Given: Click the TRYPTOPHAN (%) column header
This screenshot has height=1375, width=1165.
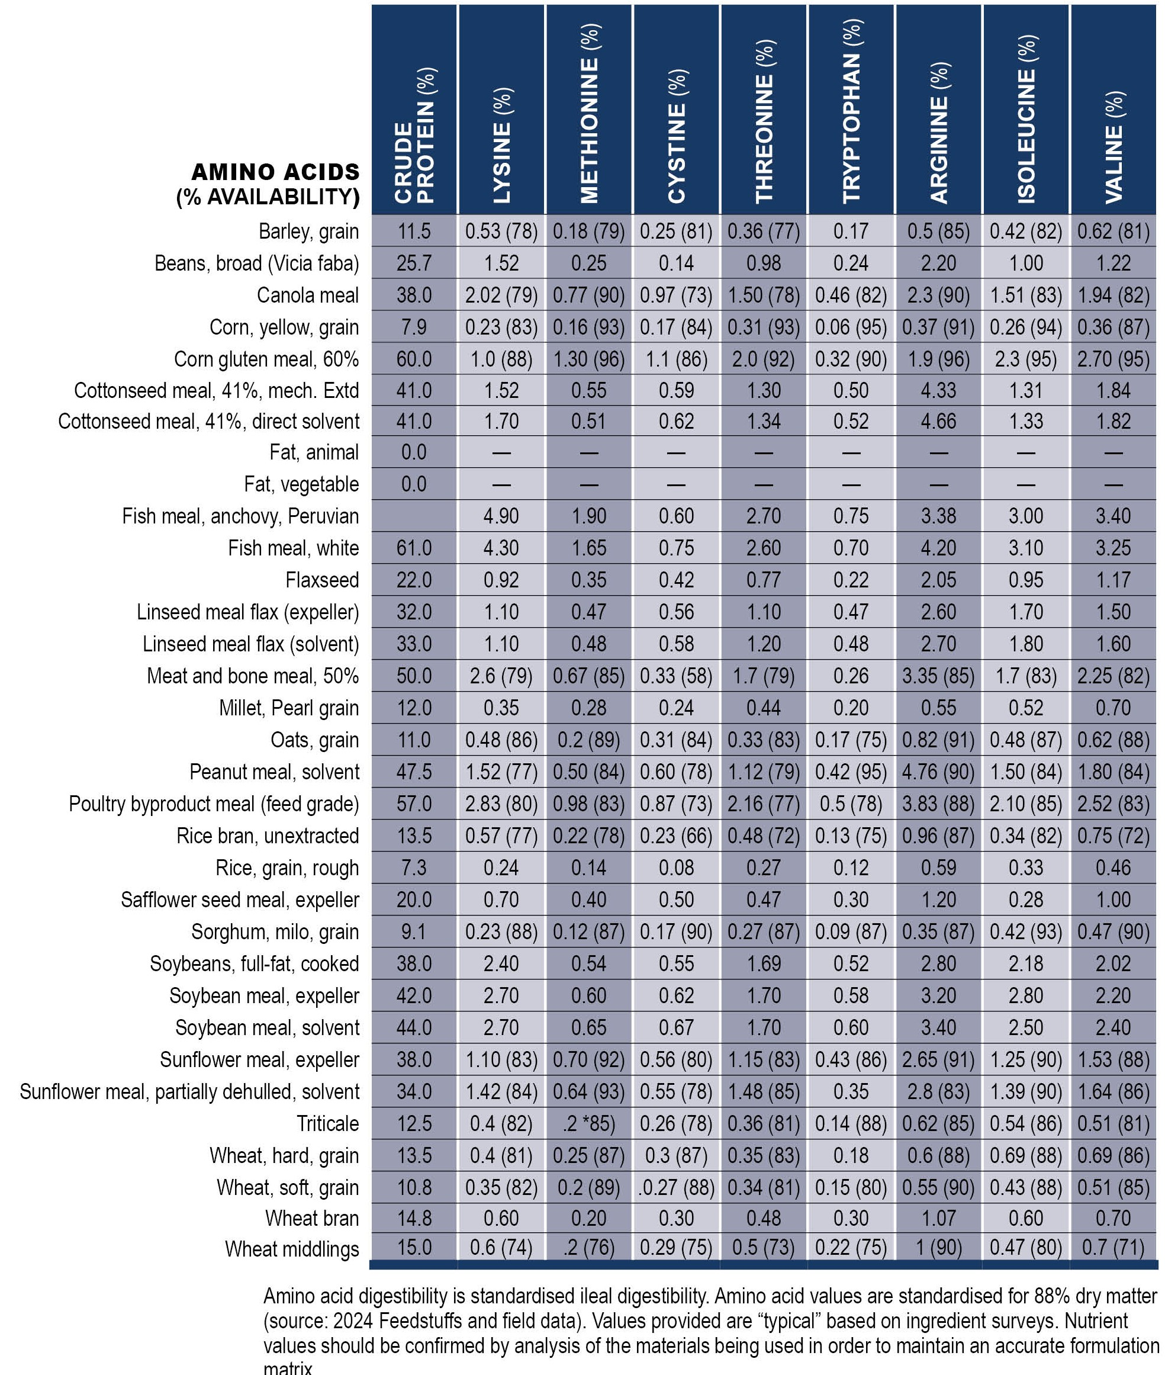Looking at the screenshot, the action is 851,111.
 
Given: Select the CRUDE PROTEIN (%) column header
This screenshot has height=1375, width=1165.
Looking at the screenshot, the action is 414,135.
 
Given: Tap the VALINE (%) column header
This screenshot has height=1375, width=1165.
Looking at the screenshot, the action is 1113,147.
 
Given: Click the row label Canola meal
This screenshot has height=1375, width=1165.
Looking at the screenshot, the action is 308,295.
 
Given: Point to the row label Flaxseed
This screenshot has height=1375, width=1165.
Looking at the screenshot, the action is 322,580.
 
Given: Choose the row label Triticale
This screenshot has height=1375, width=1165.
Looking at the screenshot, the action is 327,1123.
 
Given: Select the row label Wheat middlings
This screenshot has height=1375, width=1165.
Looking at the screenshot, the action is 292,1249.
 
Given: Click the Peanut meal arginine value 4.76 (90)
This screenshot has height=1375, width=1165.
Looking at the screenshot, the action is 938,772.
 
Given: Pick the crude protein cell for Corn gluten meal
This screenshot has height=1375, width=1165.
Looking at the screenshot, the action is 414,359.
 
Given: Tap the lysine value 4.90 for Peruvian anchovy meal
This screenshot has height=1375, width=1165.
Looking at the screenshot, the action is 501,516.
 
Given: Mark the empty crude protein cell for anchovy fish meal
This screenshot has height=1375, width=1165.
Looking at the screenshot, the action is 414,516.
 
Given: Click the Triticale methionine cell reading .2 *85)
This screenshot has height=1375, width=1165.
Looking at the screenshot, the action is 588,1123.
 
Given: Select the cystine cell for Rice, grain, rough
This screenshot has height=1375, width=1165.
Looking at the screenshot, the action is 676,868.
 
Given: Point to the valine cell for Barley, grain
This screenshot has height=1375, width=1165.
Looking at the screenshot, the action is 1113,232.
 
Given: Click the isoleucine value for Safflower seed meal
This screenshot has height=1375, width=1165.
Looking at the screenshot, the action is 1026,899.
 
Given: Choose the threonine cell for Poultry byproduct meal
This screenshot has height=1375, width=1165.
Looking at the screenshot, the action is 764,804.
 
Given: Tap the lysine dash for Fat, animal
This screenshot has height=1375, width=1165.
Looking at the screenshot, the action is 501,453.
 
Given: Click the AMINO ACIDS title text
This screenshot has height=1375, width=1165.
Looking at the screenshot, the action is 275,172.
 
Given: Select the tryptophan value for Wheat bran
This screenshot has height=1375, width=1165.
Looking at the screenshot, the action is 851,1219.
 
